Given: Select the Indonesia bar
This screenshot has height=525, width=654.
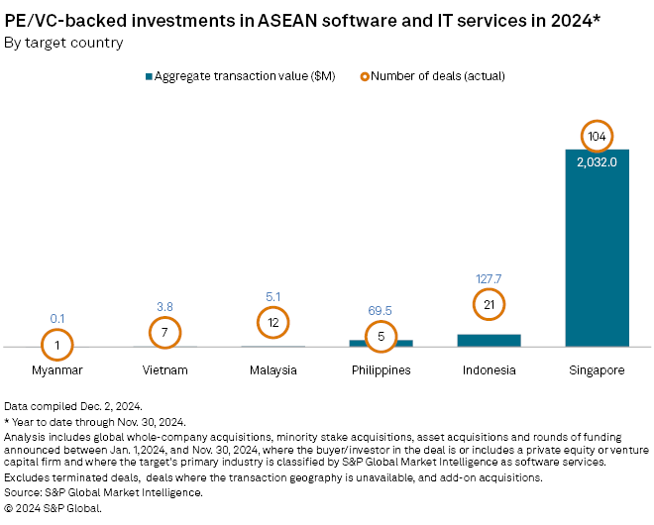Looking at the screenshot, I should pos(489,341).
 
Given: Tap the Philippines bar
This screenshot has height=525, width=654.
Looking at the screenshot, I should pos(381,343).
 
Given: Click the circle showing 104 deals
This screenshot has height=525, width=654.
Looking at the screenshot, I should pos(597,137).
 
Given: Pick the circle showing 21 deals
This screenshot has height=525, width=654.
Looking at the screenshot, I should pos(489,305).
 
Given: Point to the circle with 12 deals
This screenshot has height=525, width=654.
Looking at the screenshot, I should pos(273,322).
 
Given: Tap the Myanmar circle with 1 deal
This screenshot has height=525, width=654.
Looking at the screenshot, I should pos(57,346).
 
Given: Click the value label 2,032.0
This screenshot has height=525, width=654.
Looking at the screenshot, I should pos(597,161).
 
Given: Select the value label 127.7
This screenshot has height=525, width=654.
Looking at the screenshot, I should pos(489,279).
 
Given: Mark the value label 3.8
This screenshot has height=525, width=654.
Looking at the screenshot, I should pos(165,306).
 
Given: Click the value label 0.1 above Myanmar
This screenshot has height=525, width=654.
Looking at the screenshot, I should pos(57,318).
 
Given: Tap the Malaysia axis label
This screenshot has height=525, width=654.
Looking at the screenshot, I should pos(273,370).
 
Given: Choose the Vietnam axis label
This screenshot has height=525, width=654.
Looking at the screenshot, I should pos(165,370).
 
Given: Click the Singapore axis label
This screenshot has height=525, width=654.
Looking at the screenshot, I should pos(597,370).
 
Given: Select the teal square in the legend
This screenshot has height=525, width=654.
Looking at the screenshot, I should pos(149,76).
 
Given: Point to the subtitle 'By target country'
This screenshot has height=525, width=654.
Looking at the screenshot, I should pos(64,43).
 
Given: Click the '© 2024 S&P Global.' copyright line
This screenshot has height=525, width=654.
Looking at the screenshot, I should pos(54,508).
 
